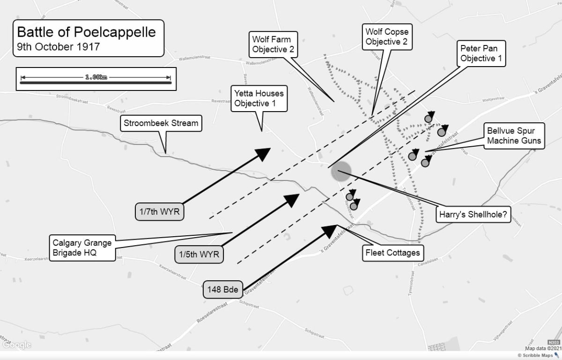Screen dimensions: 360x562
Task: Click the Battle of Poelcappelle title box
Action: coord(88,38)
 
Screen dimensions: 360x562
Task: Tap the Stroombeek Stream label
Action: coord(161,124)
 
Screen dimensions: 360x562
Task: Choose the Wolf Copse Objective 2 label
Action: coord(387,37)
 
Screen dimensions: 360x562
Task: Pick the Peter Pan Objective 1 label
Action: coord(478,53)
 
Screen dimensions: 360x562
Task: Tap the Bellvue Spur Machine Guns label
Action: coord(514,136)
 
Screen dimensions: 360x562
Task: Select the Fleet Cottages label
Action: coord(392,253)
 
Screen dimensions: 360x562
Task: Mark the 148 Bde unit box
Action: coord(223,290)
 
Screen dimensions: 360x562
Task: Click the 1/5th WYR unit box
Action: coord(199,255)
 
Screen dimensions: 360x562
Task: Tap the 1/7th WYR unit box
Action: coord(160,212)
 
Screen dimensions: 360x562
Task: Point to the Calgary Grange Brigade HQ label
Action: coord(82,248)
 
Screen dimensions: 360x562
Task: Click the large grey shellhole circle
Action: coord(341,172)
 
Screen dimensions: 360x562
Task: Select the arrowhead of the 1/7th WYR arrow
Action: coord(264,153)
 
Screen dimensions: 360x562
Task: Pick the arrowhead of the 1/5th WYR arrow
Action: coord(293,198)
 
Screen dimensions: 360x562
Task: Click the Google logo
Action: coord(16,345)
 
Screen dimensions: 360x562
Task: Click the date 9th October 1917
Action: coord(59,47)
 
